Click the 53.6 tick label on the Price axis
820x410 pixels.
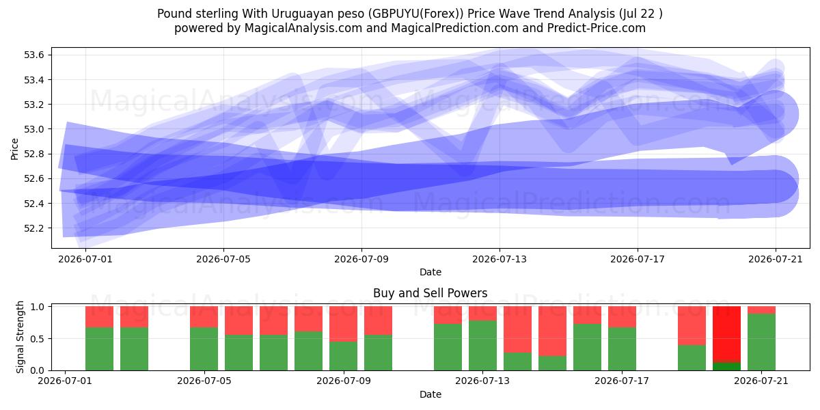pyautogui.click(x=33, y=55)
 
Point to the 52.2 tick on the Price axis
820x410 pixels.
pyautogui.click(x=33, y=228)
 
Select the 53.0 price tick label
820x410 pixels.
pyautogui.click(x=33, y=129)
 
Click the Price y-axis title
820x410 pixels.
pyautogui.click(x=14, y=149)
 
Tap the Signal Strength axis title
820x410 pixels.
pyautogui.click(x=20, y=337)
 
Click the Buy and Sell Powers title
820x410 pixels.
pyautogui.click(x=430, y=293)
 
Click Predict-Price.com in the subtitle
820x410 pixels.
pyautogui.click(x=597, y=28)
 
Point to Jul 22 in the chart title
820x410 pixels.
pyautogui.click(x=639, y=14)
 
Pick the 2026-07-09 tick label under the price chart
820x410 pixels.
pyautogui.click(x=361, y=259)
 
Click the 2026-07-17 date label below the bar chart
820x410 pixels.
pyautogui.click(x=622, y=381)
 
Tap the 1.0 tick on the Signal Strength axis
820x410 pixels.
pyautogui.click(x=38, y=307)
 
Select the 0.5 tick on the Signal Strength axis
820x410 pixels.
pyautogui.click(x=38, y=339)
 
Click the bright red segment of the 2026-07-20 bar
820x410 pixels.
pyautogui.click(x=726, y=334)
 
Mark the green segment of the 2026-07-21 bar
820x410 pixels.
pyautogui.click(x=761, y=342)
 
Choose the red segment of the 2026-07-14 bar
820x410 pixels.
pyautogui.click(x=518, y=329)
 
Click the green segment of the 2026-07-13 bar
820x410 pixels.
pyautogui.click(x=483, y=346)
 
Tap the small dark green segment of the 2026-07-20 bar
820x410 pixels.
pyautogui.click(x=726, y=366)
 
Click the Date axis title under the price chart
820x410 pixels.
pyautogui.click(x=430, y=272)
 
